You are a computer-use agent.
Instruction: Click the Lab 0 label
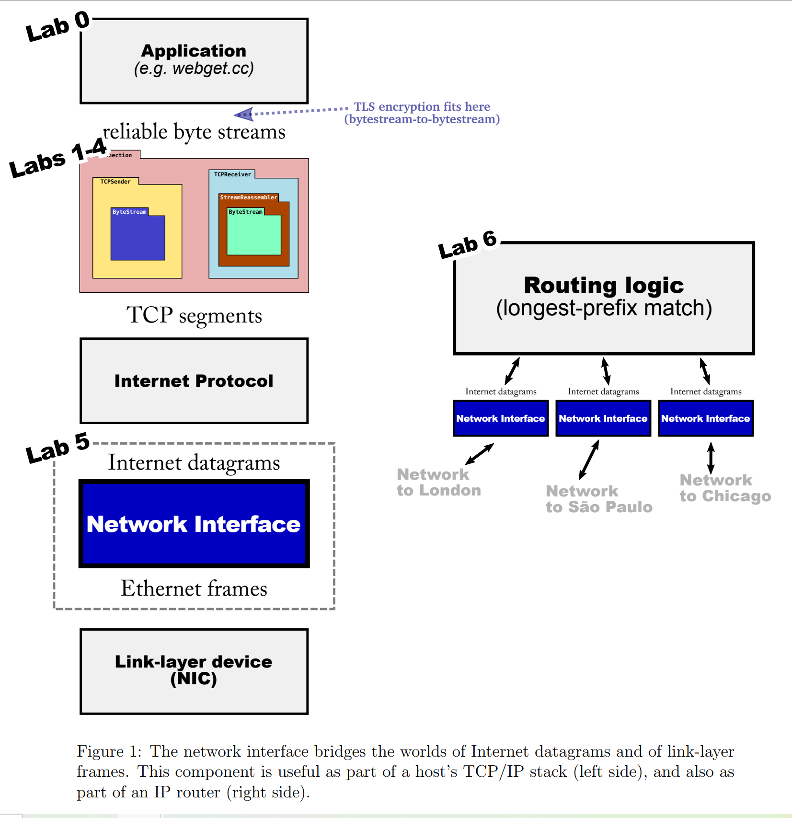57,26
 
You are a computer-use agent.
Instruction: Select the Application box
194,61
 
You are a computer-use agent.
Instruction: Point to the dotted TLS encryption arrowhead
243,114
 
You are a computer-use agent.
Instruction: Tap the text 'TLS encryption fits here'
422,106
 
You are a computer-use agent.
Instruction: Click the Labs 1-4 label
57,158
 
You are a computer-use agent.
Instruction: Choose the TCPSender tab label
115,182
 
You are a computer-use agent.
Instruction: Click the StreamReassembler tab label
248,197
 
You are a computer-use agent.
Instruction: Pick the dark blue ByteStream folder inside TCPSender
138,237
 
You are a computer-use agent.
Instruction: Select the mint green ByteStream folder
254,235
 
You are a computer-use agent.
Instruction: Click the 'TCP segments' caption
194,315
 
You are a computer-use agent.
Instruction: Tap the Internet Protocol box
194,381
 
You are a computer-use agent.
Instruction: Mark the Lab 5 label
57,448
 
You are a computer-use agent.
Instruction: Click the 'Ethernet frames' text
194,588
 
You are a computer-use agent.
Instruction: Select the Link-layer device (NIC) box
194,671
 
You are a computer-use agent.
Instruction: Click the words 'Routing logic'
603,286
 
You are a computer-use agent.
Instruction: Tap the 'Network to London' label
438,482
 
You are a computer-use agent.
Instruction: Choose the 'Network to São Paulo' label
598,499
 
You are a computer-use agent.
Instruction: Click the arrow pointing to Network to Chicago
711,458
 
